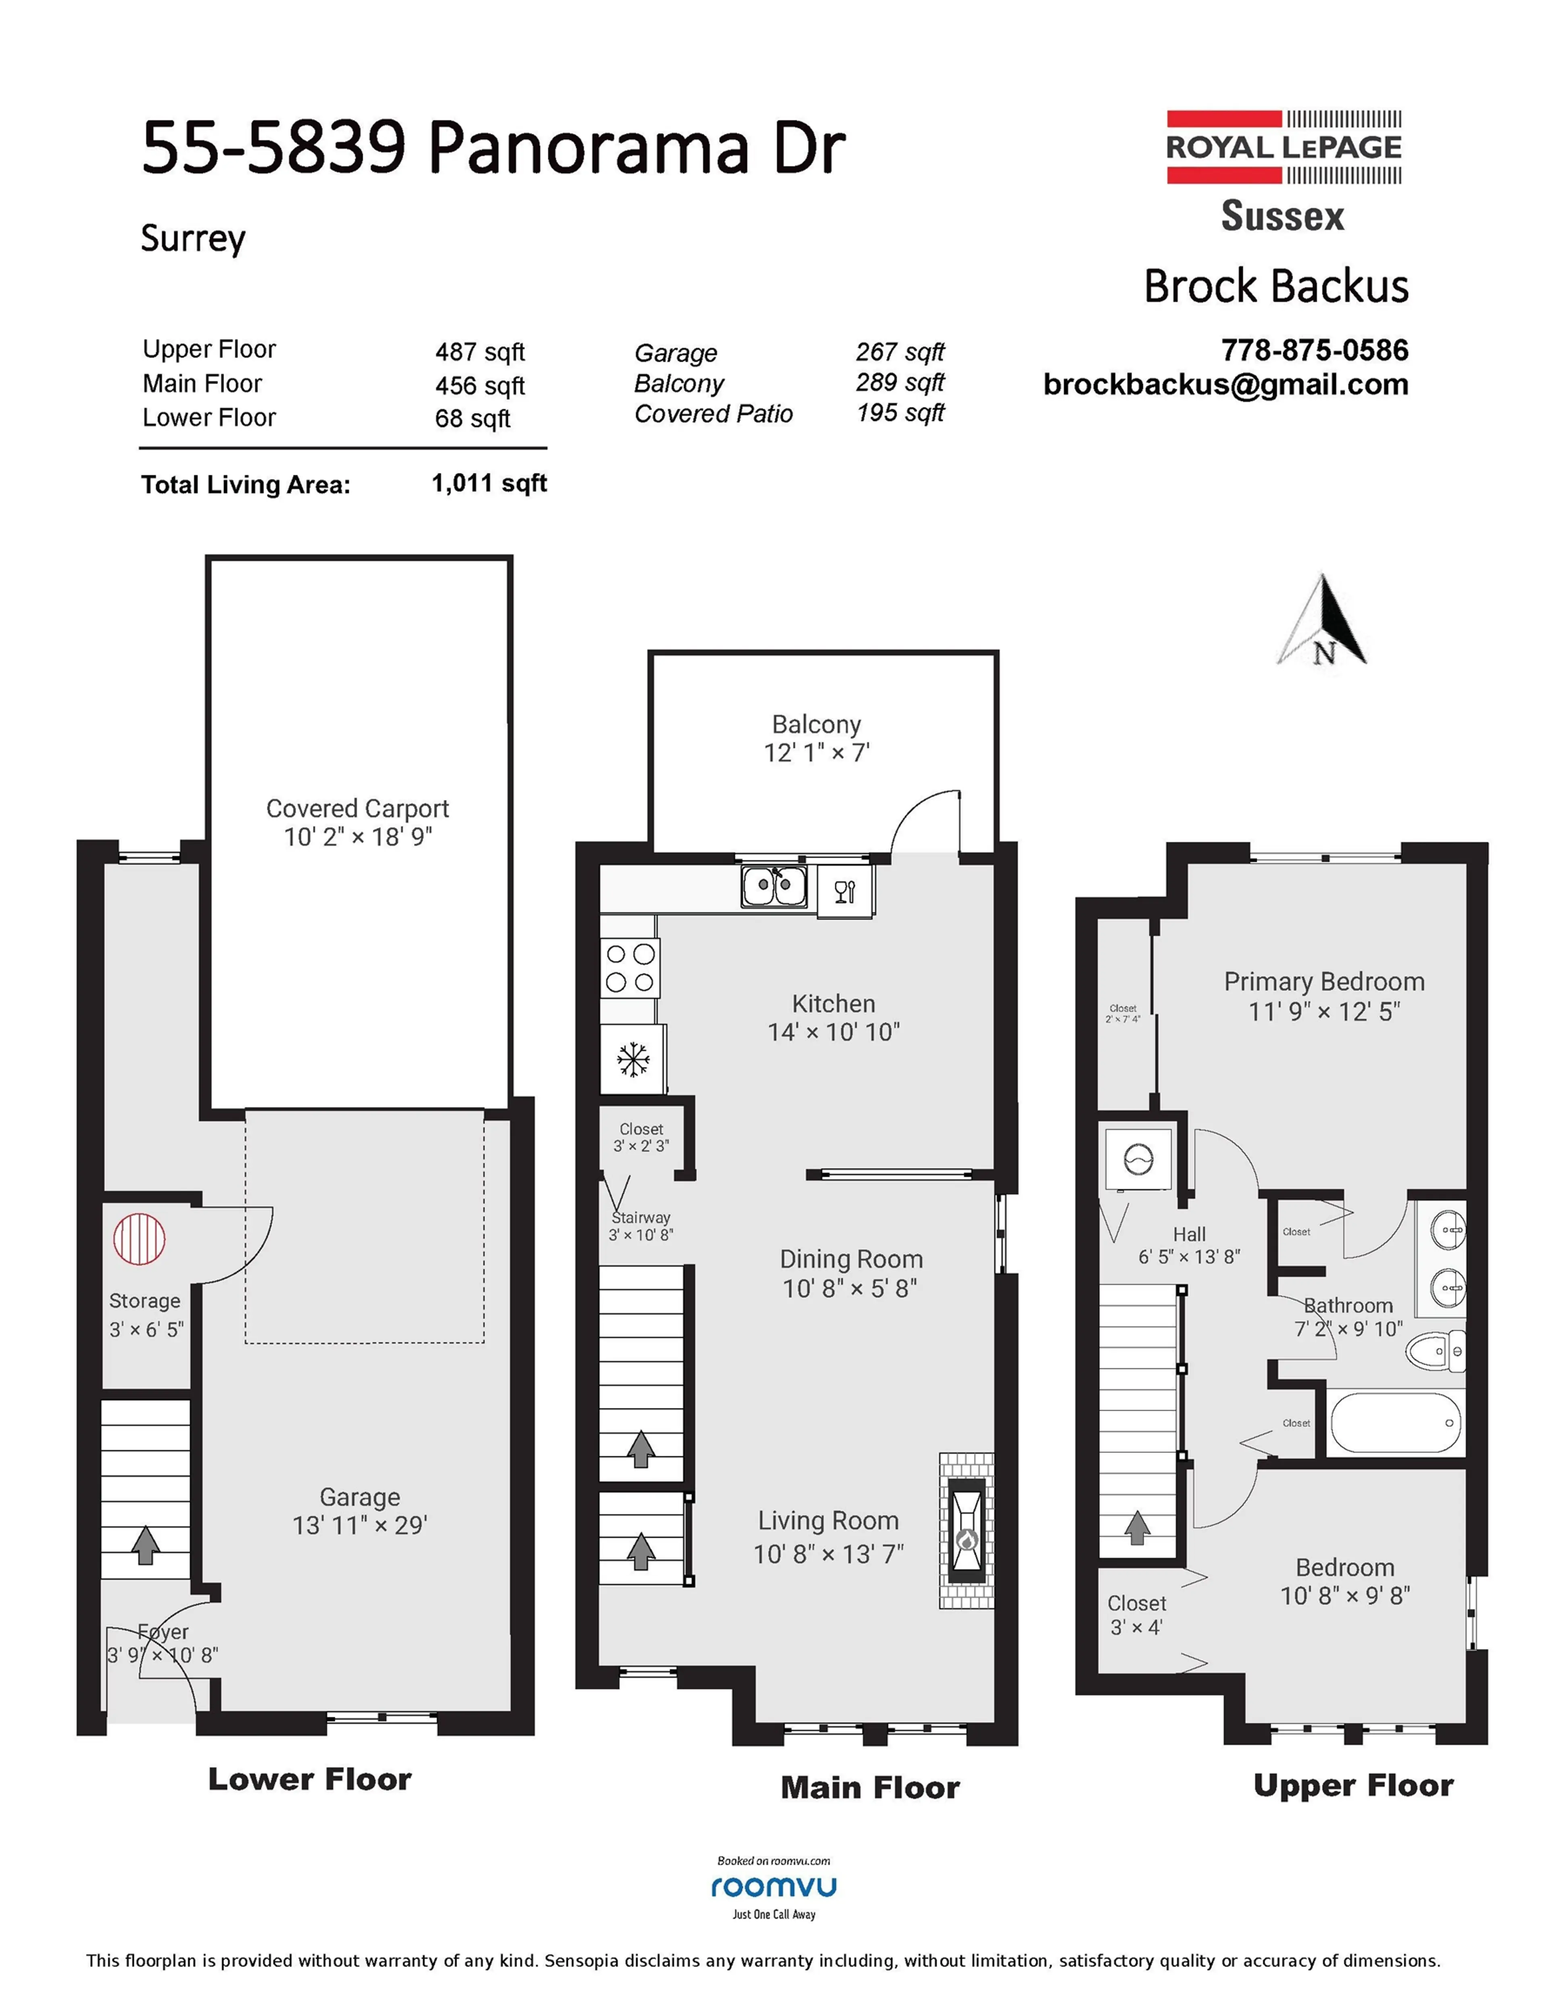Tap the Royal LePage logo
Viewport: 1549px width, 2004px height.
(x=1283, y=148)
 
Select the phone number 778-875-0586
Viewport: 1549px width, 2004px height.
(x=1314, y=350)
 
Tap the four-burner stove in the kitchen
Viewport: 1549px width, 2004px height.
(x=630, y=968)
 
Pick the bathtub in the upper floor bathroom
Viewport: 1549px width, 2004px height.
(x=1395, y=1423)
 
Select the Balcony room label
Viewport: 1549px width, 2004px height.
(x=816, y=725)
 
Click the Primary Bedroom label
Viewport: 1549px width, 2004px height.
(x=1323, y=982)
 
